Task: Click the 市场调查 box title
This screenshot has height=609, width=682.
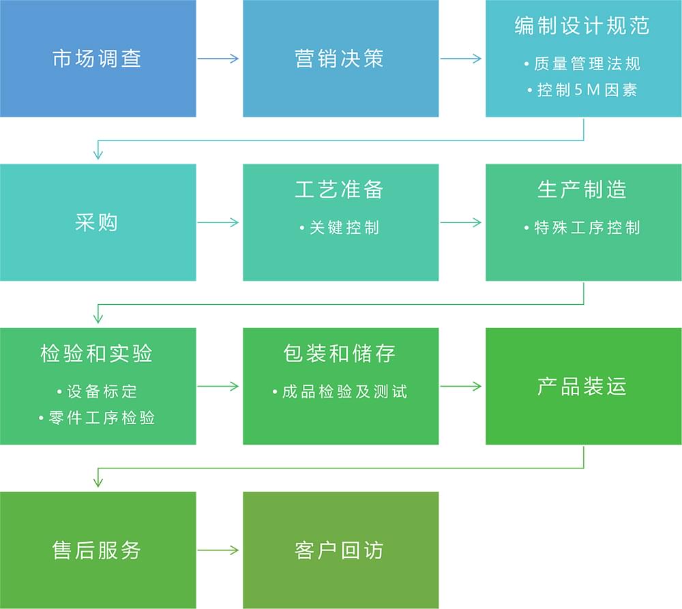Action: [97, 59]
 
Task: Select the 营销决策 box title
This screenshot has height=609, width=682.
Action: [340, 59]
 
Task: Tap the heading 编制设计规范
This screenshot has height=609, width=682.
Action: [582, 26]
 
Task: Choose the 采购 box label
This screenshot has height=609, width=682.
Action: [97, 222]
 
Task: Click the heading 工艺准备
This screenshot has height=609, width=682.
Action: [340, 190]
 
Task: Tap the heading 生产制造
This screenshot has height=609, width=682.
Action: [582, 190]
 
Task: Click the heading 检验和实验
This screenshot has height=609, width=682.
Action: [97, 353]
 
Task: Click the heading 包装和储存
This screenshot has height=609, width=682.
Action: [340, 353]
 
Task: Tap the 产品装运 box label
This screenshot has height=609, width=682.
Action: [582, 387]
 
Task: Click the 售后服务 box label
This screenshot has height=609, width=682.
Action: [97, 550]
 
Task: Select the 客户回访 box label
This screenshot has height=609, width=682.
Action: [340, 550]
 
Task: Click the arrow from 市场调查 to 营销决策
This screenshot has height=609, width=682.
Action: [219, 59]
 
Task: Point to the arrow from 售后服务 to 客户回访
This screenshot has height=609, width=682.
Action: [219, 550]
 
